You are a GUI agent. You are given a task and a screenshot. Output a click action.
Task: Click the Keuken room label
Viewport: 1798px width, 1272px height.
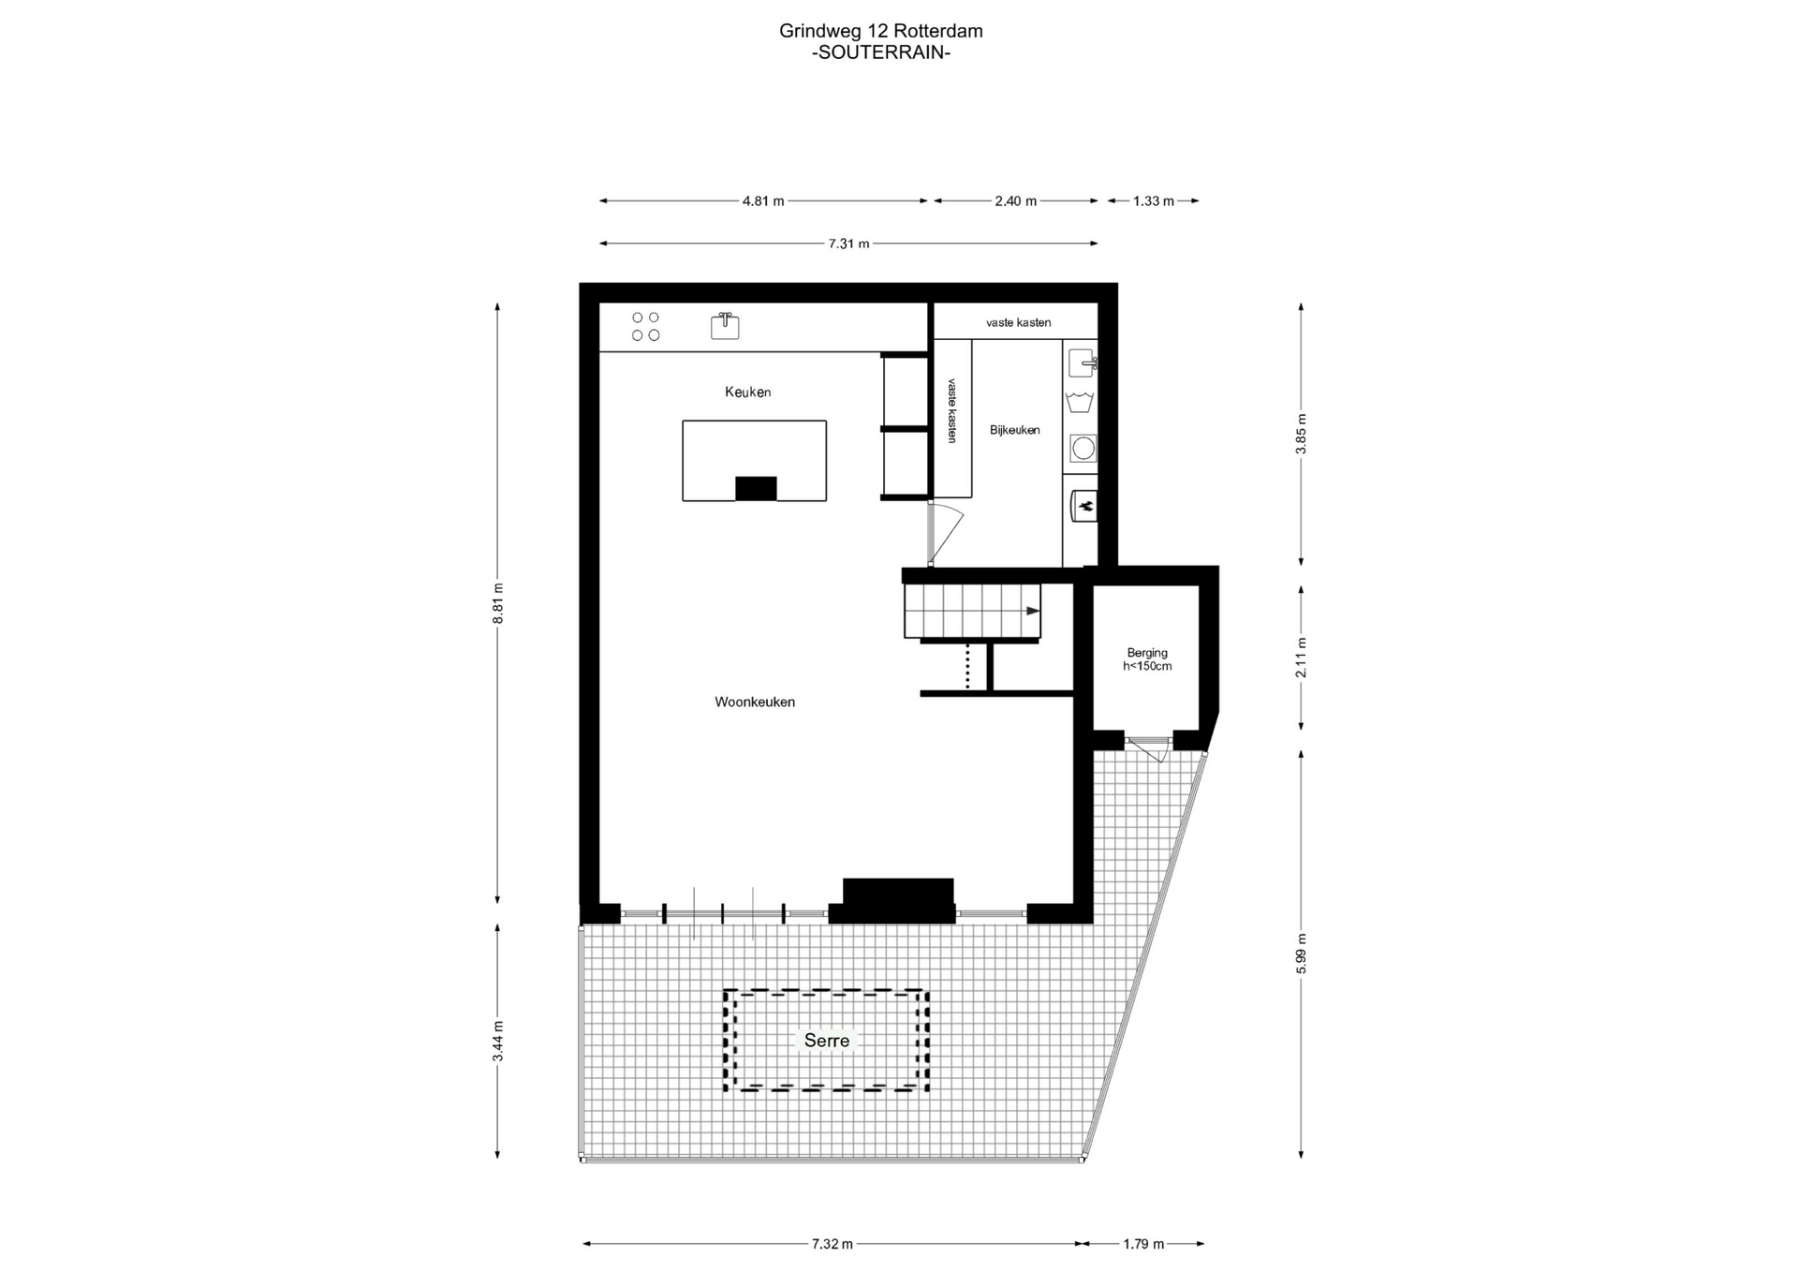747,392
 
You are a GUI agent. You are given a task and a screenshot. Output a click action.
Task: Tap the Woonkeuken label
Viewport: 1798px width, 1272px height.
755,702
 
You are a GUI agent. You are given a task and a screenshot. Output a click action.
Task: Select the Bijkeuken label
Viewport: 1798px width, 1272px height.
1015,430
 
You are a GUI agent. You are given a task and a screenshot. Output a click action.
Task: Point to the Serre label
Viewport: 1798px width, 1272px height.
827,1040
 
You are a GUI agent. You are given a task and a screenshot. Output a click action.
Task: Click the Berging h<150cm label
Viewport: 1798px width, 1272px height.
1147,659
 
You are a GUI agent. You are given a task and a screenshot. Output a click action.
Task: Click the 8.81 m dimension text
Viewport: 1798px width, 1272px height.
498,602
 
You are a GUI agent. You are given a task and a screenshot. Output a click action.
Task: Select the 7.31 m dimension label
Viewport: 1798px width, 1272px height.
848,244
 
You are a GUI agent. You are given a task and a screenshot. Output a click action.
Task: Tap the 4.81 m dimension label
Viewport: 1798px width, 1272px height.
763,200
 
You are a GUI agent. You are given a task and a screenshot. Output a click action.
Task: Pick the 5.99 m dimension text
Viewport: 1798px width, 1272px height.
1301,954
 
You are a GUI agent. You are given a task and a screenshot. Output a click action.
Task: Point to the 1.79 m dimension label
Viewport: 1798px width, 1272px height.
1143,1244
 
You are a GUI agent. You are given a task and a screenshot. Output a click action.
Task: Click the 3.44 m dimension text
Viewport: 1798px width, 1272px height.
498,1041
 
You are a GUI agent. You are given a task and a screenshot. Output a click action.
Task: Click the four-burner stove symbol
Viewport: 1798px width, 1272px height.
645,327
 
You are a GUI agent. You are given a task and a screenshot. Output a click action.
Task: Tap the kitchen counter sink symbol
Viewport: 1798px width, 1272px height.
725,325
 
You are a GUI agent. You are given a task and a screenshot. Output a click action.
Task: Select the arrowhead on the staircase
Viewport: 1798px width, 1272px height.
1033,611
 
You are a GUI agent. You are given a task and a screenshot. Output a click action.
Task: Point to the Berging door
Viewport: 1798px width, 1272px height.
1149,748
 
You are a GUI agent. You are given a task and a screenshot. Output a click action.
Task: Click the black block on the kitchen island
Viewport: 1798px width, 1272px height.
756,489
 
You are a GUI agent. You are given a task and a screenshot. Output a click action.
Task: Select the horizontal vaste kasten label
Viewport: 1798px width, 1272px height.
1018,322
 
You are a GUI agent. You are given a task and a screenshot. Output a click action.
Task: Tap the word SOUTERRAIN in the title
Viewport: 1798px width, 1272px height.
880,52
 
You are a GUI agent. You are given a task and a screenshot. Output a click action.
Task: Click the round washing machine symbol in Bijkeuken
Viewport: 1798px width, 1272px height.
1083,449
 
